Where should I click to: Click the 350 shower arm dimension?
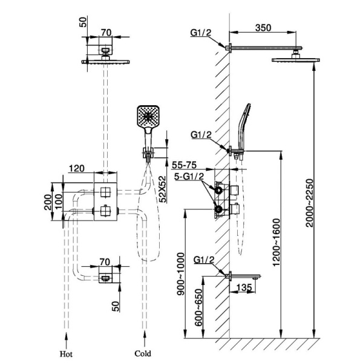(x=263, y=28)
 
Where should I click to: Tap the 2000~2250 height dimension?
(x=309, y=203)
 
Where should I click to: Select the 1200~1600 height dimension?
(x=276, y=243)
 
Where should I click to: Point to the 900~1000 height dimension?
(x=180, y=274)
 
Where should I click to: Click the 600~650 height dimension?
(x=198, y=307)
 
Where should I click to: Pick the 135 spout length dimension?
(x=244, y=288)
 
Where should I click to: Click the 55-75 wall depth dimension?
(x=184, y=165)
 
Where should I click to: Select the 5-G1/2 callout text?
(x=189, y=177)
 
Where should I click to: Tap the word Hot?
(x=66, y=354)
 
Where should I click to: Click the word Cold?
(x=143, y=354)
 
